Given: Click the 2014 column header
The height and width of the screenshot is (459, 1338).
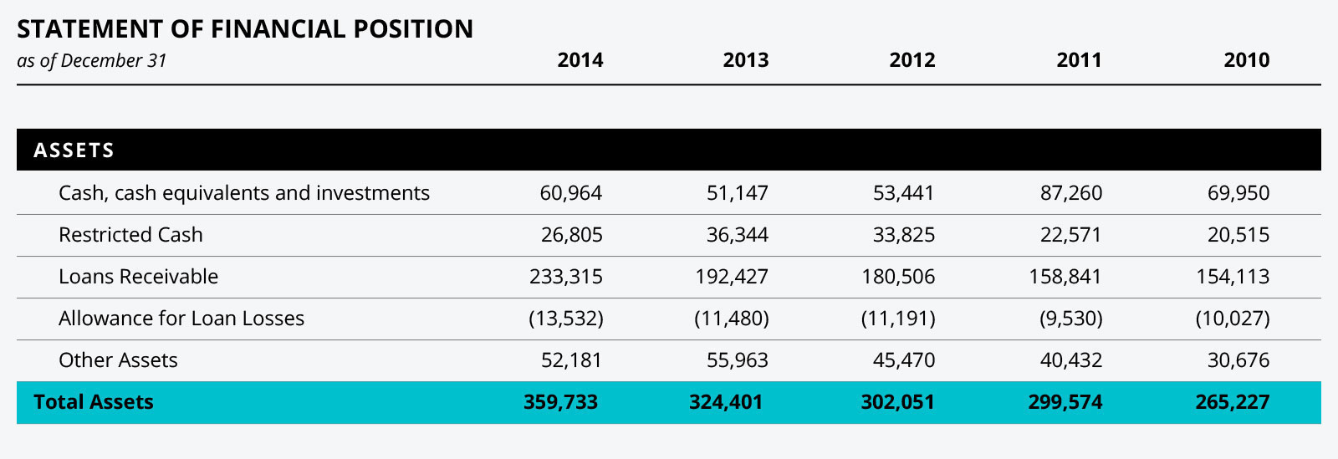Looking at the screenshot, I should pyautogui.click(x=580, y=60).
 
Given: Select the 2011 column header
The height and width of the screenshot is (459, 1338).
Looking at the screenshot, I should pyautogui.click(x=1079, y=60).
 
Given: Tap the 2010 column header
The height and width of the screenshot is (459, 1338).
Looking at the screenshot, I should pyautogui.click(x=1246, y=60).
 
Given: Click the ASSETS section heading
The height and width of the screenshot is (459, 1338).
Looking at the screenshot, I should pyautogui.click(x=74, y=150).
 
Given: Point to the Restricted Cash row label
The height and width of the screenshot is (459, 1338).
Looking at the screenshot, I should pyautogui.click(x=130, y=235).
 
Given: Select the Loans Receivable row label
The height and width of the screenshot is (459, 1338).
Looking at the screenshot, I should pyautogui.click(x=138, y=277).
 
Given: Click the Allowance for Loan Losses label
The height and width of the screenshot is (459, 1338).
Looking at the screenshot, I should pyautogui.click(x=181, y=319).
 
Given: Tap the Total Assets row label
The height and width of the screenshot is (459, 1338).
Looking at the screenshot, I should pyautogui.click(x=94, y=402).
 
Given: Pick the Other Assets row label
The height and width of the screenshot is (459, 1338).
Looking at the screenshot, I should pyautogui.click(x=118, y=360).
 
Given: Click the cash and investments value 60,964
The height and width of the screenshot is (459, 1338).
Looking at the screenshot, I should pyautogui.click(x=570, y=193).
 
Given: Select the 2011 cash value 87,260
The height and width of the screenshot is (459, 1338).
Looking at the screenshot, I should pyautogui.click(x=1070, y=193).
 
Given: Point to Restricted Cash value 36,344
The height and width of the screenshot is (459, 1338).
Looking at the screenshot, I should pyautogui.click(x=737, y=235).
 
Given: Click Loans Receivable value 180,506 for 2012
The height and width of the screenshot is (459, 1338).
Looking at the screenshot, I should pyautogui.click(x=898, y=277).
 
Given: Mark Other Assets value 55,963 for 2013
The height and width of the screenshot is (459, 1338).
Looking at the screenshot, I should pyautogui.click(x=737, y=360).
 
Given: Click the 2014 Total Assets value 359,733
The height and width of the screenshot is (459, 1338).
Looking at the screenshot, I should pyautogui.click(x=560, y=402).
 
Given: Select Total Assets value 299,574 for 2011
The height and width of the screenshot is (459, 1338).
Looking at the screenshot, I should pyautogui.click(x=1065, y=402).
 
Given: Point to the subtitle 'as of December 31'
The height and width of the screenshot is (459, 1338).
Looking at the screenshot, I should pyautogui.click(x=92, y=61).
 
